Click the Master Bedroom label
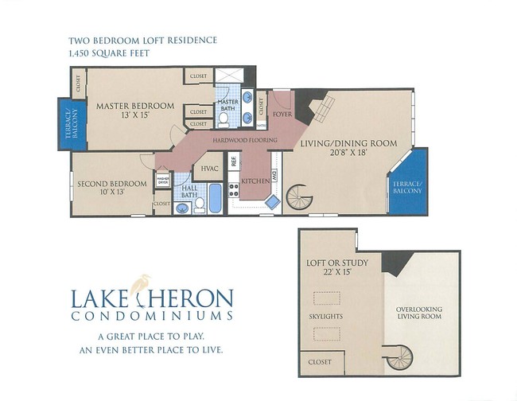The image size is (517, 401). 135,105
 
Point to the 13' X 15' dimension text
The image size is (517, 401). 135,116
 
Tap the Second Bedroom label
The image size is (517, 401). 112,184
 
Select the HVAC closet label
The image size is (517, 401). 210,169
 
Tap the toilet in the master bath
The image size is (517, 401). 224,119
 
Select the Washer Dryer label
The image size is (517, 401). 162,181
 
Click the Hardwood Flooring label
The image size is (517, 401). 244,141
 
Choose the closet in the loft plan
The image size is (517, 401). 321,362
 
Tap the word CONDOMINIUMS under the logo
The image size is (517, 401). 152,315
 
